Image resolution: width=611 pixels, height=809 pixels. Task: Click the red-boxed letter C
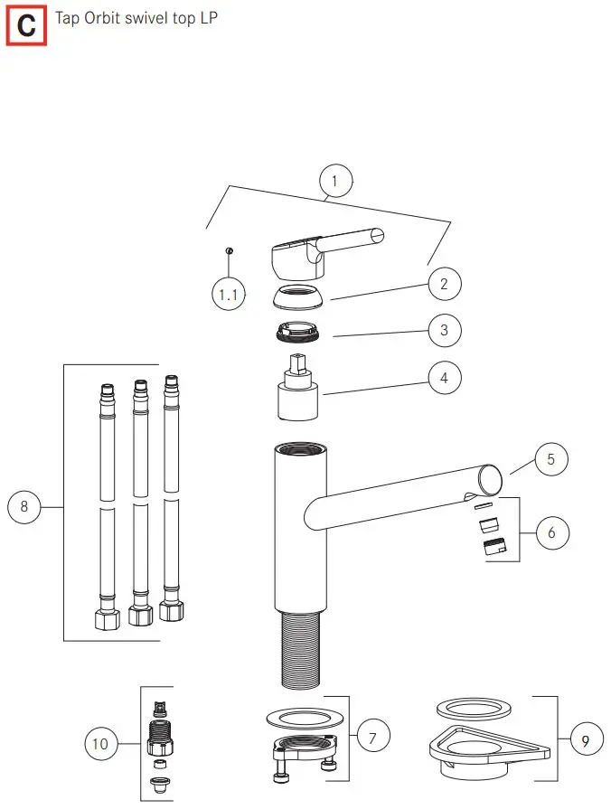26,26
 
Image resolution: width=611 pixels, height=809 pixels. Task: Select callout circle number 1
335,182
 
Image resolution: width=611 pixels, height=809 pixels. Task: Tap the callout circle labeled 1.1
229,294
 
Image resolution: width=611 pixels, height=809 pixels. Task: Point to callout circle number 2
444,284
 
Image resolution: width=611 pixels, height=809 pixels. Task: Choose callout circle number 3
444,330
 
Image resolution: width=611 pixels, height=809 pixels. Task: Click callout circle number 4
444,378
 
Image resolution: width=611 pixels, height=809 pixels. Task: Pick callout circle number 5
551,458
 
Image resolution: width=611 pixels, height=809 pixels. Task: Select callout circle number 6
551,532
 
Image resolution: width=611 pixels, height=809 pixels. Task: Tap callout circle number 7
373,737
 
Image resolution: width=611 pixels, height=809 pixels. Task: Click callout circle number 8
24,507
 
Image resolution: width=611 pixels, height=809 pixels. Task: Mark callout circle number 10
101,744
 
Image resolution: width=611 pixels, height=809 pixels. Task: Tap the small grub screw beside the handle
230,251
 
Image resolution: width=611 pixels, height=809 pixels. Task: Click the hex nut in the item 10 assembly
159,747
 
